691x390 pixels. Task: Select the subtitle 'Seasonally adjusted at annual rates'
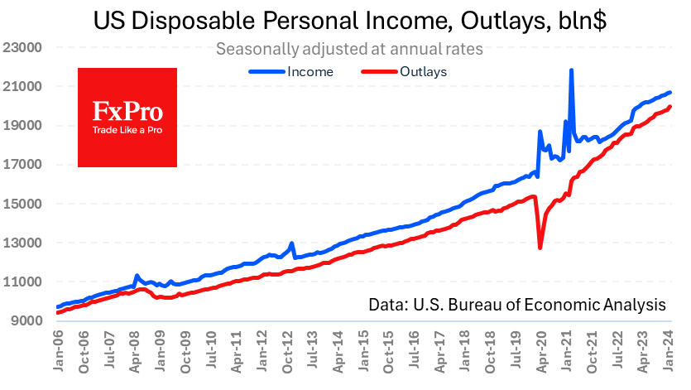click(x=349, y=49)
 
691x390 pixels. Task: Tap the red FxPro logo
click(x=127, y=117)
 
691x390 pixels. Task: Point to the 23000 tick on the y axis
click(x=23, y=47)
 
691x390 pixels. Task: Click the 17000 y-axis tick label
click(x=23, y=164)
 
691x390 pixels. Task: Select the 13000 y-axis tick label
click(x=23, y=243)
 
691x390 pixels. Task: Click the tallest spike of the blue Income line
click(x=572, y=70)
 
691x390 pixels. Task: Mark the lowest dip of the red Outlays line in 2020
click(x=540, y=248)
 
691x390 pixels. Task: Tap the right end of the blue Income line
click(x=669, y=93)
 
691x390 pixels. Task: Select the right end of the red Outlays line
click(x=669, y=107)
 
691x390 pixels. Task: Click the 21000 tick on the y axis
click(x=23, y=86)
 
